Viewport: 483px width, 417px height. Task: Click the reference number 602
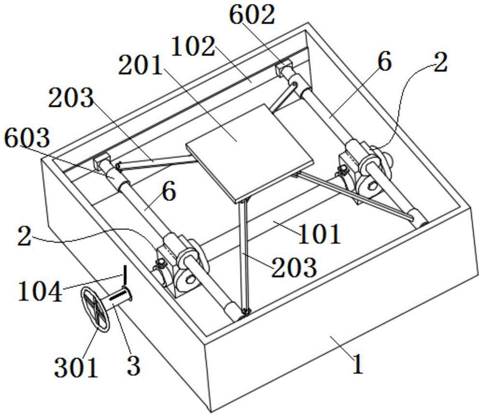coord(252,15)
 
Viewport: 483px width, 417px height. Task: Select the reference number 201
coord(141,65)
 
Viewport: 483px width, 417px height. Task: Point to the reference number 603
coord(27,137)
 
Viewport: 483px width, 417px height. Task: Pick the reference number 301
coord(76,367)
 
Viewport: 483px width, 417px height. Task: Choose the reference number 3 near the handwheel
coord(133,366)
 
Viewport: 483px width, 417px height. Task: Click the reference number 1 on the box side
coord(357,364)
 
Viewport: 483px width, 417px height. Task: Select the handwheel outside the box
coord(95,310)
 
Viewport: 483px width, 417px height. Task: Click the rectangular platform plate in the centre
coord(250,153)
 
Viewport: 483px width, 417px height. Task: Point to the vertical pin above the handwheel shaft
coord(125,275)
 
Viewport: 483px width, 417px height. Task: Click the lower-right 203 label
coord(294,268)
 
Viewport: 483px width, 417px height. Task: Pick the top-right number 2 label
coord(440,62)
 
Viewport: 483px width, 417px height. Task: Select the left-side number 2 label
coord(24,236)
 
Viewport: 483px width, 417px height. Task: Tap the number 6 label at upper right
coord(384,61)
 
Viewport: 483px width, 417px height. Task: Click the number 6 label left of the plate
coord(169,191)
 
